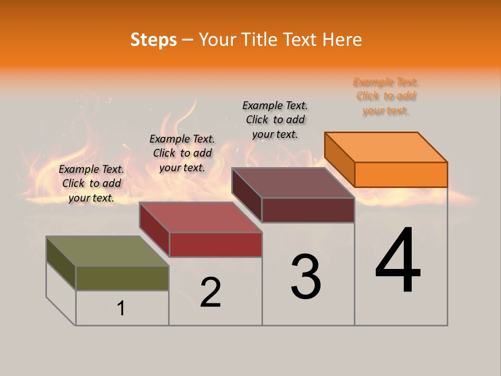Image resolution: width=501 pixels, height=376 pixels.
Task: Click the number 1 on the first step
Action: (121, 308)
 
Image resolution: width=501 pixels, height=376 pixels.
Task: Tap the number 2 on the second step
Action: (211, 292)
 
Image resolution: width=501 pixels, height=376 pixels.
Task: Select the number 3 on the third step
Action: (306, 277)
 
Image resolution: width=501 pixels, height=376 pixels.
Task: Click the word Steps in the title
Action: (153, 40)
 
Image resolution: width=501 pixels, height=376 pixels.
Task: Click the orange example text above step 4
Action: (386, 96)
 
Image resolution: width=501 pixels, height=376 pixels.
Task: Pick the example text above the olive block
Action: (91, 183)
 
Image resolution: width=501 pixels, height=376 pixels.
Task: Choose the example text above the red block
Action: (182, 153)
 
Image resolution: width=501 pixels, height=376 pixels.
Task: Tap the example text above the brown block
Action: (275, 120)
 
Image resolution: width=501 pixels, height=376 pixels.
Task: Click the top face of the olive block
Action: (108, 251)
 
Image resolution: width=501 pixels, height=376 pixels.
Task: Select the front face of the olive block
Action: (122, 278)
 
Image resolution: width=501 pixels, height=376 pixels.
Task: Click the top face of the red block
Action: (200, 217)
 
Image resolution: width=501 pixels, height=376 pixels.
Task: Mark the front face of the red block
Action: (216, 244)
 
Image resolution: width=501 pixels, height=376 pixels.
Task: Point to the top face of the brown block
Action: (293, 183)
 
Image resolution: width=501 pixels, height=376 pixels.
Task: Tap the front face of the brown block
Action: (308, 210)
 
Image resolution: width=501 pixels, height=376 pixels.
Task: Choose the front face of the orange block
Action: (401, 174)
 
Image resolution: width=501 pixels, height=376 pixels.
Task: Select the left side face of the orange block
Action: (340, 159)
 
